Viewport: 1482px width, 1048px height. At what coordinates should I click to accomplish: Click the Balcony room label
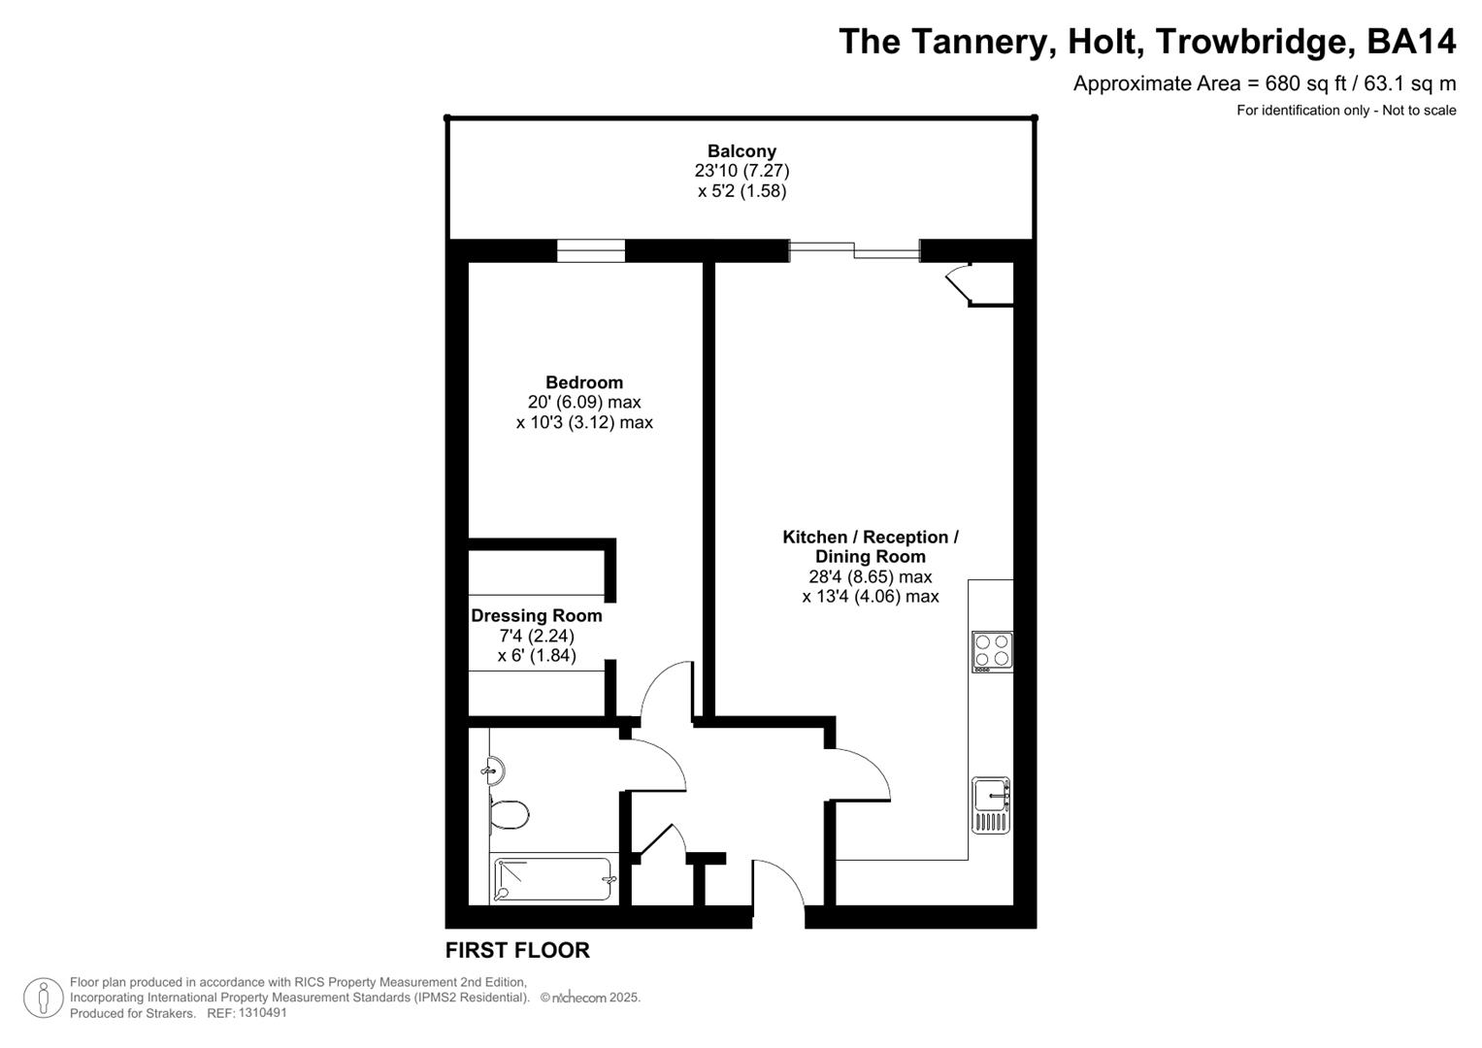(x=741, y=151)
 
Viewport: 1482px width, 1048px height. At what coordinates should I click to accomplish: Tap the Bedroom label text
(x=583, y=382)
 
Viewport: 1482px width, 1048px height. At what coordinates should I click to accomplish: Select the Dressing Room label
(x=536, y=615)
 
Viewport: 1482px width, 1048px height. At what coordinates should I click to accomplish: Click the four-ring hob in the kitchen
(x=992, y=652)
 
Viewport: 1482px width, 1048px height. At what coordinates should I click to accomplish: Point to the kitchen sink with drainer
(x=991, y=805)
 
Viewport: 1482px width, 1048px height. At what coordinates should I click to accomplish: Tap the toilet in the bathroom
(x=509, y=814)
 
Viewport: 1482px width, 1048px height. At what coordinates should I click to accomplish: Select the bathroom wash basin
(x=494, y=770)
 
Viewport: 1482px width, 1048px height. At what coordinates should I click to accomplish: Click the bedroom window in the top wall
(x=590, y=250)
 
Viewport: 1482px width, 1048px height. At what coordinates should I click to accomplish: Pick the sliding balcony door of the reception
(x=854, y=251)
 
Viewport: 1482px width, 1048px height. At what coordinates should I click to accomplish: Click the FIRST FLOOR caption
(x=517, y=951)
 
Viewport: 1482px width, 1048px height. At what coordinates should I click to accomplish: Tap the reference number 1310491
(x=261, y=1013)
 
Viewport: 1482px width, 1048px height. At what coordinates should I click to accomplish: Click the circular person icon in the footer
(x=44, y=998)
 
